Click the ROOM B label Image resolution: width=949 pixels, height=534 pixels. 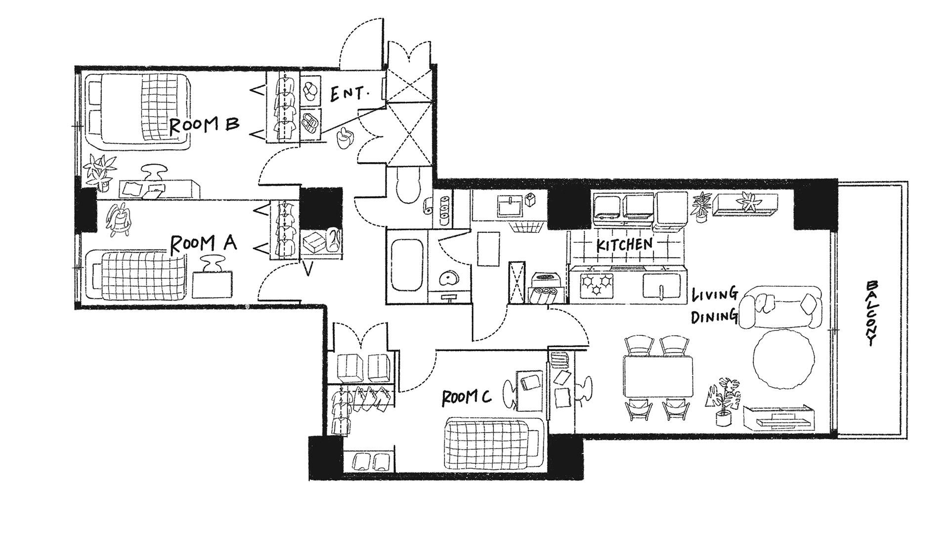204,125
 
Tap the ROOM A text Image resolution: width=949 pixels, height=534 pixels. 203,243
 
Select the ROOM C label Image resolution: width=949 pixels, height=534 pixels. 466,398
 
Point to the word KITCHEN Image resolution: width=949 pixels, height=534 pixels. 624,244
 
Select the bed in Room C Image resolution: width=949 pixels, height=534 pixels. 494,444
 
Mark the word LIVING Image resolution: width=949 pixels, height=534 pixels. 715,296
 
